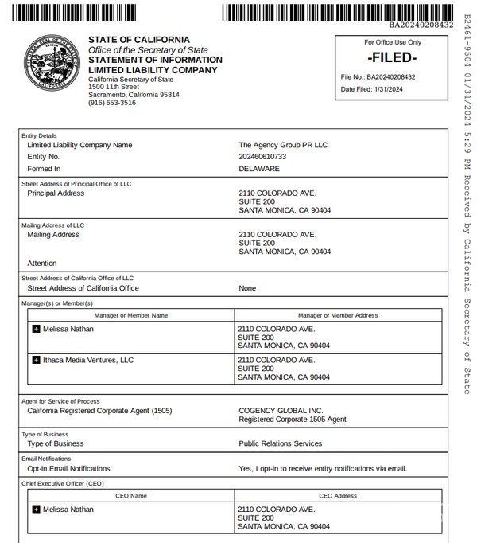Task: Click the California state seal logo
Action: tap(53, 64)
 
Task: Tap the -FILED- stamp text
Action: tap(393, 58)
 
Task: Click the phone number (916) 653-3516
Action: tap(112, 103)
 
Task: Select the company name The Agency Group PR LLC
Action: tap(283, 145)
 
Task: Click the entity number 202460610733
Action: tap(262, 157)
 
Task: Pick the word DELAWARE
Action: tap(259, 169)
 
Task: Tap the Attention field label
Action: tap(42, 263)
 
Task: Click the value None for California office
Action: tap(247, 288)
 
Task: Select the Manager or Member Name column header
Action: tap(131, 315)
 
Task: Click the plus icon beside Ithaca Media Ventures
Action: tap(36, 360)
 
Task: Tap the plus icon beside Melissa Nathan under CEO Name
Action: tap(36, 509)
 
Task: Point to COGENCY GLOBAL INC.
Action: tap(277, 411)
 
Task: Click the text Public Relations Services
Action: tap(281, 443)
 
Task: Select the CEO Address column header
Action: tap(338, 496)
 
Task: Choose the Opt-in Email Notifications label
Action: tap(68, 468)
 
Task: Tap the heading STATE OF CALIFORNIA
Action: tap(139, 40)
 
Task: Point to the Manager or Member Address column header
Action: tap(338, 315)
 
